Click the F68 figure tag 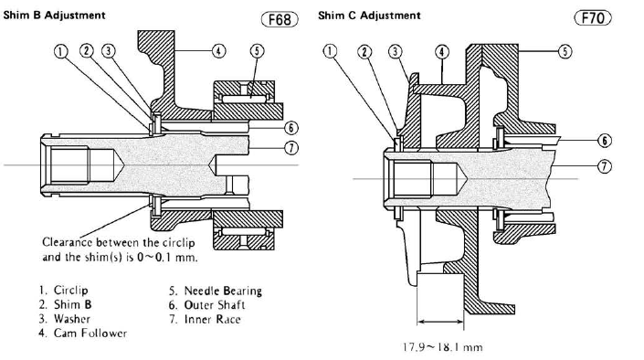tap(280, 19)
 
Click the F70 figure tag tap(593, 17)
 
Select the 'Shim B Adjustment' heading tap(54, 16)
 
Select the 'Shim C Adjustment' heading tap(369, 16)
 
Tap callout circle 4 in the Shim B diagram tap(218, 51)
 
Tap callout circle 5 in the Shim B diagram tap(257, 51)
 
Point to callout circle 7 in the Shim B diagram tap(291, 147)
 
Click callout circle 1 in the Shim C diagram tap(330, 51)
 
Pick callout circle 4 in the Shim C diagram tap(442, 52)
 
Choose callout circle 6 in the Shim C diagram tap(604, 141)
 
